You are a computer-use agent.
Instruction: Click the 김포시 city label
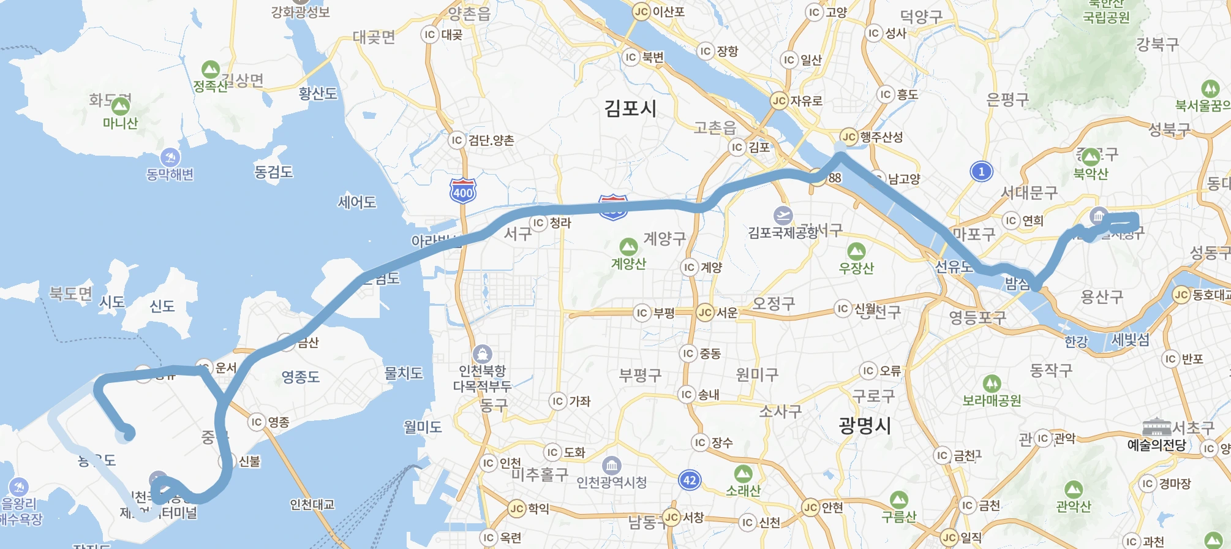coord(630,108)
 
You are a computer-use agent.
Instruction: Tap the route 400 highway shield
coord(462,191)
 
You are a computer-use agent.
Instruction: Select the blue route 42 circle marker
coord(690,480)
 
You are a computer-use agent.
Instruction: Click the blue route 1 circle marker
coord(981,172)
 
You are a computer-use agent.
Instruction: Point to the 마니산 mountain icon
coord(120,106)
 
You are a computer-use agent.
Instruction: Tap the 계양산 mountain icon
coord(628,246)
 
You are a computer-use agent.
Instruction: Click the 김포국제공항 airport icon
coord(783,215)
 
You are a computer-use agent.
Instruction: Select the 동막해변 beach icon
coord(170,157)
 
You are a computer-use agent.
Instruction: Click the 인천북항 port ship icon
coord(483,354)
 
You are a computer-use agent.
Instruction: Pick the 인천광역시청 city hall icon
coord(611,466)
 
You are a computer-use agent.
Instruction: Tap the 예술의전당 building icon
coord(1156,427)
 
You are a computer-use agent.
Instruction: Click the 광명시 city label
coord(865,425)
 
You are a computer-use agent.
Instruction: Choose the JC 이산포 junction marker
coord(641,12)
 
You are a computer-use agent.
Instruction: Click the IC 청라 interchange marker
coord(538,222)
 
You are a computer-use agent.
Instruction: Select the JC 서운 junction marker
coord(705,312)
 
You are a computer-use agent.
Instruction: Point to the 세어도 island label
coord(357,202)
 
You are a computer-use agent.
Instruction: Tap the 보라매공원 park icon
coord(992,384)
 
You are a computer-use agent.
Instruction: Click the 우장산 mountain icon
coord(856,251)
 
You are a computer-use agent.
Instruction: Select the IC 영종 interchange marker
coord(257,422)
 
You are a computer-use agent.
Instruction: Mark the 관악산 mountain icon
coord(1073,489)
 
